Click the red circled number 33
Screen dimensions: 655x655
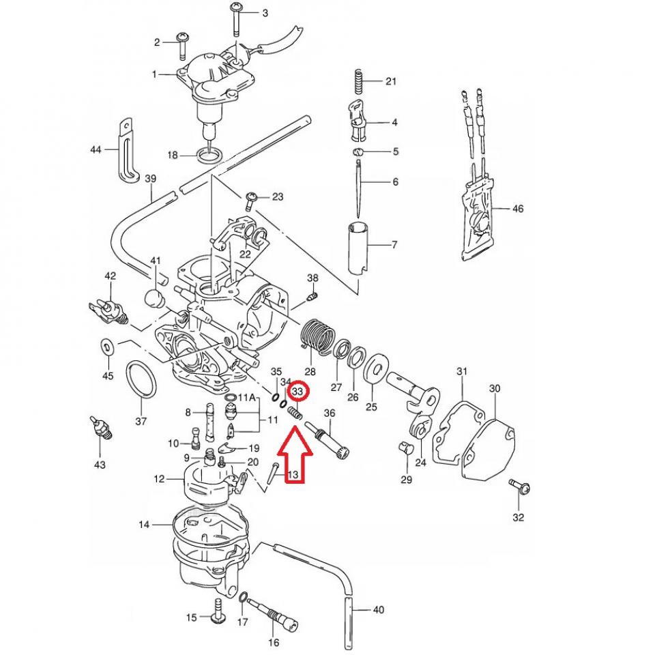point(298,392)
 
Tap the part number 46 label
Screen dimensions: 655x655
point(518,209)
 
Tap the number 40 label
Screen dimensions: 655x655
point(380,609)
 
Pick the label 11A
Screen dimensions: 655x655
point(247,397)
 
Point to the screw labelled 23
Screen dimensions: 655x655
point(251,199)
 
